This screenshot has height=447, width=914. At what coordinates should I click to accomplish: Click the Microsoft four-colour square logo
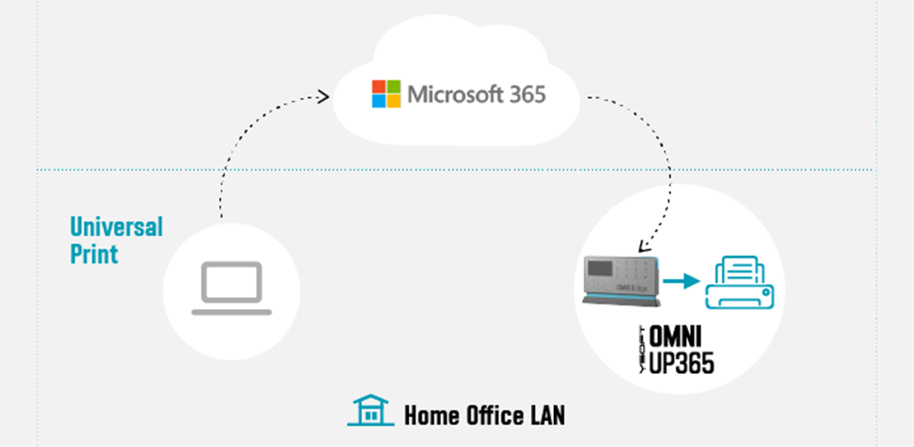pyautogui.click(x=386, y=94)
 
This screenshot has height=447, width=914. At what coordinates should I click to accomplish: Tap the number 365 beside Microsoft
pyautogui.click(x=525, y=95)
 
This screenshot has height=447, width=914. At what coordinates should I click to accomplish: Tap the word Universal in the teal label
pyautogui.click(x=116, y=227)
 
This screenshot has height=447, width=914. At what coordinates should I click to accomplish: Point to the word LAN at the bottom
pyautogui.click(x=544, y=414)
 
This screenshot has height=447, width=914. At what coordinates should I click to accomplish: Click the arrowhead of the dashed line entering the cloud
pyautogui.click(x=324, y=95)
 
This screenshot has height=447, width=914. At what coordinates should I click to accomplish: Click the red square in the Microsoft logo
pyautogui.click(x=380, y=87)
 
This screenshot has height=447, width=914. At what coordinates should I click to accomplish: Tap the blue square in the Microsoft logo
pyautogui.click(x=380, y=101)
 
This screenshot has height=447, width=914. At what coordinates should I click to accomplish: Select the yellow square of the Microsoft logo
pyautogui.click(x=394, y=101)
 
